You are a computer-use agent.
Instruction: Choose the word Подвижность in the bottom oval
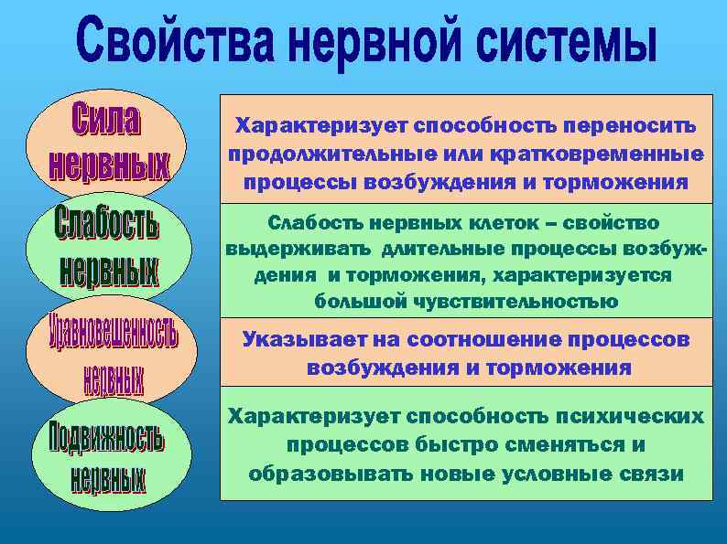[x=107, y=437]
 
